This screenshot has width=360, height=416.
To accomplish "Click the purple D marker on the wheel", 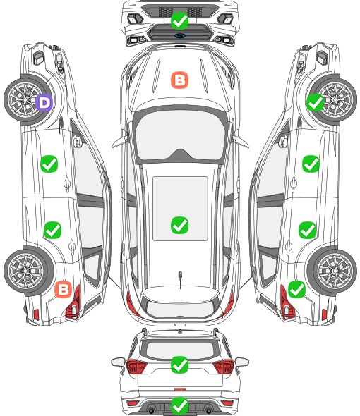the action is point(44,102).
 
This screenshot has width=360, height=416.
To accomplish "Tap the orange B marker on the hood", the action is point(179,80).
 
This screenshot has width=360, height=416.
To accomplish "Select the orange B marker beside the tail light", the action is point(64,290).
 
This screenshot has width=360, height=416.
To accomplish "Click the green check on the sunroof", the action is point(179,225).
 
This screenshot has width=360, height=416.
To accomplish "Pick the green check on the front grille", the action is point(179,20).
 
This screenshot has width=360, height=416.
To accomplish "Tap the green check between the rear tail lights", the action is point(179,365).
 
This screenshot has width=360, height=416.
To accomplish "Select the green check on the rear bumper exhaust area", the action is point(179,405).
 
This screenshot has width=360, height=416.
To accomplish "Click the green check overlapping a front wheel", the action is point(316,102).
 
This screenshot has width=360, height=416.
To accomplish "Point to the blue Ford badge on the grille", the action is point(180,35).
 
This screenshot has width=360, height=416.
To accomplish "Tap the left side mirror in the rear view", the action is point(118,362).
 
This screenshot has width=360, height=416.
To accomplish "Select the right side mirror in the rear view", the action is point(242,362).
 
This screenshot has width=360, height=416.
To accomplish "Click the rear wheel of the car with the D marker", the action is point(27,271).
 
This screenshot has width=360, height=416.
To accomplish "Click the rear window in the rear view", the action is point(180,350).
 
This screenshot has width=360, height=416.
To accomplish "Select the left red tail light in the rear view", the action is point(136,367).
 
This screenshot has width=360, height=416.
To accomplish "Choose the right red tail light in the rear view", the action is point(223,367).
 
